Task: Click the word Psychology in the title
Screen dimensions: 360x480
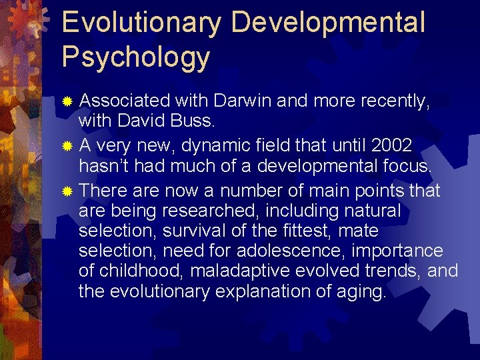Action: point(135,57)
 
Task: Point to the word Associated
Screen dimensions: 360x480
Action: point(124,101)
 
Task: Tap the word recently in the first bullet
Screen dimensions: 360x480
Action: point(394,101)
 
